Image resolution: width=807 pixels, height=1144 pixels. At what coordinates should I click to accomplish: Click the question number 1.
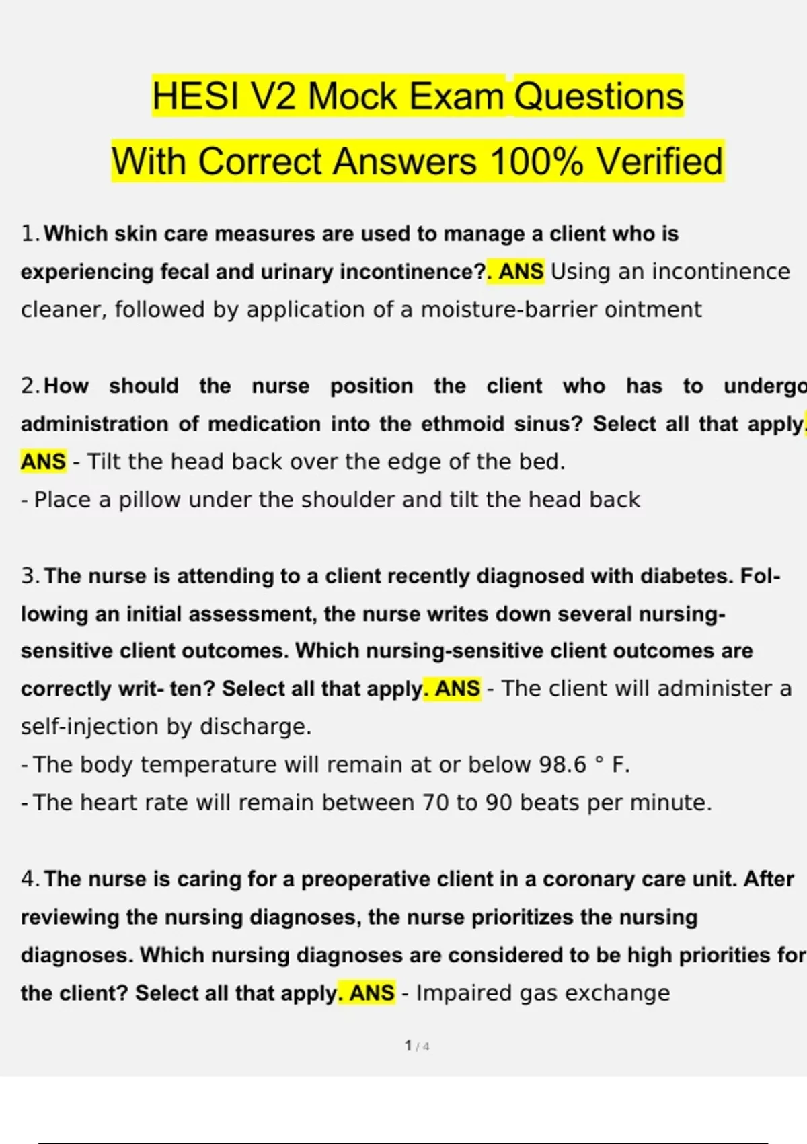click(x=28, y=234)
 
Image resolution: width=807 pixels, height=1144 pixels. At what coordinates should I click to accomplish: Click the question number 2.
click(x=29, y=386)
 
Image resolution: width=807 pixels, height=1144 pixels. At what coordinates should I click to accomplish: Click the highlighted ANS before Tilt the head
click(x=44, y=462)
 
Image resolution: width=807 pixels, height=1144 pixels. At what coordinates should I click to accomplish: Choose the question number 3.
click(x=29, y=576)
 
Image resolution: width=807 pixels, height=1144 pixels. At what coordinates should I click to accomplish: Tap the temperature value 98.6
click(x=563, y=765)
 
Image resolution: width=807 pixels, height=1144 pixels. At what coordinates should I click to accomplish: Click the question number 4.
click(x=29, y=879)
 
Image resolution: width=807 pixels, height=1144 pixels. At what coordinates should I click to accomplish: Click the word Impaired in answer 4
click(x=463, y=993)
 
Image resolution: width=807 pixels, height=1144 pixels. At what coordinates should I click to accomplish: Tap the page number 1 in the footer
click(x=408, y=1046)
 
